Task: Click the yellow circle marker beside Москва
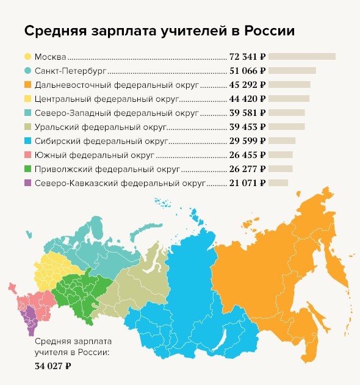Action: pos(28,57)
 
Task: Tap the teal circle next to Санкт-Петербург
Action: pos(28,71)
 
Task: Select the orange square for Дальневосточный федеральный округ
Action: pos(28,84)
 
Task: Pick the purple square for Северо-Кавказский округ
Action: pos(28,182)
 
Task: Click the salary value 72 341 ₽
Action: pos(247,57)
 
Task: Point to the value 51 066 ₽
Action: pos(247,71)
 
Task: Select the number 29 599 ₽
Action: pos(247,140)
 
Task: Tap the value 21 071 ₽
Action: pos(247,182)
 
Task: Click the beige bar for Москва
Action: pos(302,57)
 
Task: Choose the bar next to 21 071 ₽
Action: pos(278,182)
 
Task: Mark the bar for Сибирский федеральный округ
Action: pos(282,140)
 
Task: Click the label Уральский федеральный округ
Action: pos(99,126)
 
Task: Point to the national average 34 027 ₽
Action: pos(54,366)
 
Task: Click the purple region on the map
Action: pos(27,317)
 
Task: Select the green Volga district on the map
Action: pos(76,293)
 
